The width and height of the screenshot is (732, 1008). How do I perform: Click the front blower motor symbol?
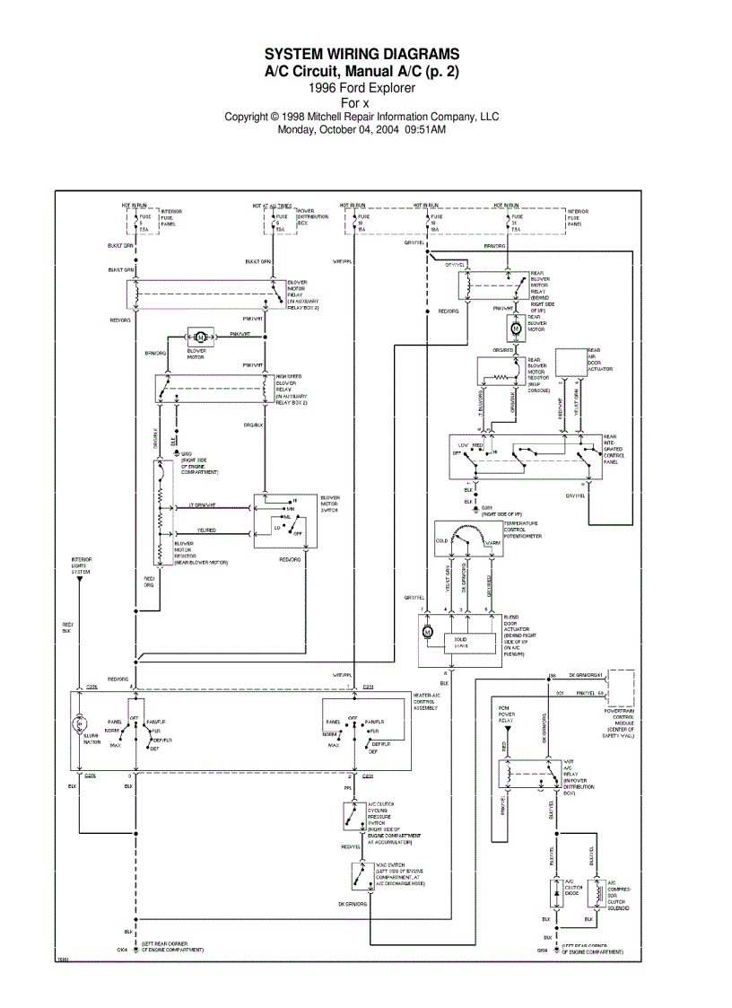[x=200, y=337]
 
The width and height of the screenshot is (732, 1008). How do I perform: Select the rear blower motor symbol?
[x=516, y=329]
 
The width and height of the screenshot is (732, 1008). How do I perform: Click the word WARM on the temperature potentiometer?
[x=492, y=541]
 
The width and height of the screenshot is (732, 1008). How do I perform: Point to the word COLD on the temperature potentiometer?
[x=441, y=541]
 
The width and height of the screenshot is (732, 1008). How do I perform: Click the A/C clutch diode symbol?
[x=556, y=893]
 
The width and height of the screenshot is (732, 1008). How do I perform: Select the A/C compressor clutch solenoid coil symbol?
[x=591, y=894]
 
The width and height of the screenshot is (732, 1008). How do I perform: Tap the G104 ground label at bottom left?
[x=122, y=949]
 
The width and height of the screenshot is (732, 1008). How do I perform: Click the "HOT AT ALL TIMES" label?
[x=271, y=206]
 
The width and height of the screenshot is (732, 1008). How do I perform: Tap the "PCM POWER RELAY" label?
[x=509, y=714]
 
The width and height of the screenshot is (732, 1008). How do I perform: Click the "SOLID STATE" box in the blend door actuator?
[x=460, y=642]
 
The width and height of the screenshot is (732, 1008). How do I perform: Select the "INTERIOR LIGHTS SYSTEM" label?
[x=82, y=565]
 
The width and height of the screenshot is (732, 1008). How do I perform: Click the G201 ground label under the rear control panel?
[x=488, y=507]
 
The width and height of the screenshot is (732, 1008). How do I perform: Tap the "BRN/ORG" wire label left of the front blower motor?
[x=156, y=353]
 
